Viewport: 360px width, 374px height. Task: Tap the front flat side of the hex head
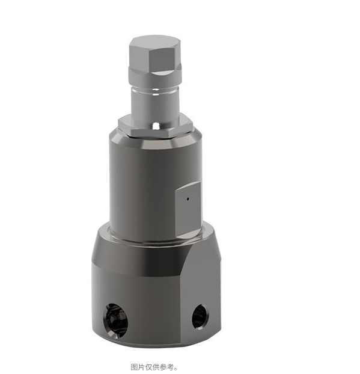(x=162, y=60)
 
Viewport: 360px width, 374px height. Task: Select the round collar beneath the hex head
(x=155, y=76)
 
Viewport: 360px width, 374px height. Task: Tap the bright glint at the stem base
(x=156, y=125)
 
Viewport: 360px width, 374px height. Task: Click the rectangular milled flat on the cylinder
(x=188, y=208)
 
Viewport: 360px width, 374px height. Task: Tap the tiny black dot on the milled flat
(x=188, y=198)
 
